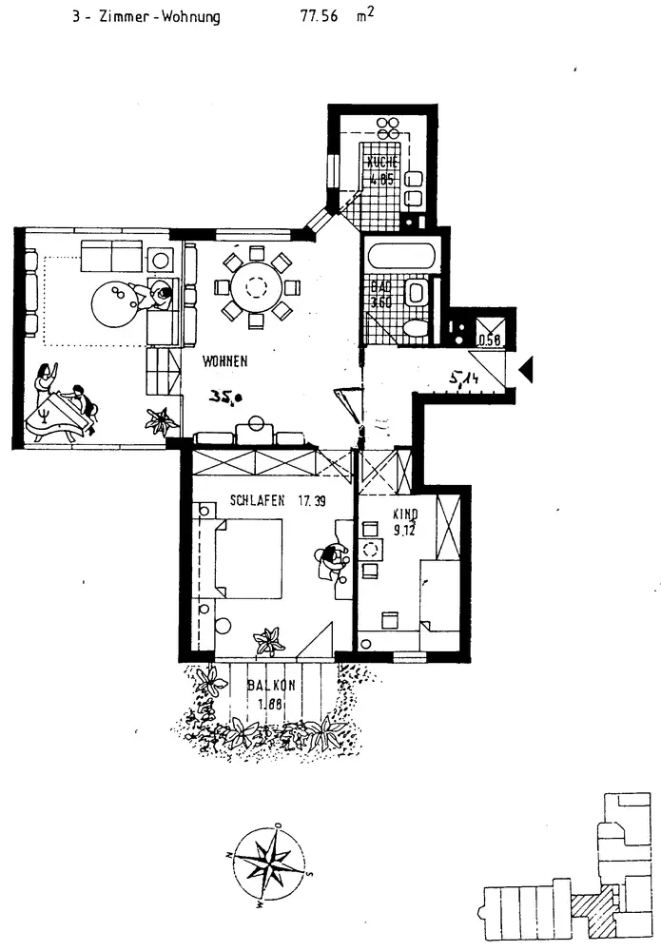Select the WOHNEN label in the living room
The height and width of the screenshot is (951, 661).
pos(224,361)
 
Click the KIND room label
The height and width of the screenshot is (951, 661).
pos(405,514)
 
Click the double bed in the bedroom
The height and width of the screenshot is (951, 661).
pos(247,558)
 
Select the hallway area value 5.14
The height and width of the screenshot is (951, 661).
pos(467,379)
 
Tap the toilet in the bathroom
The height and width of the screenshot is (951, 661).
pos(416,329)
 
